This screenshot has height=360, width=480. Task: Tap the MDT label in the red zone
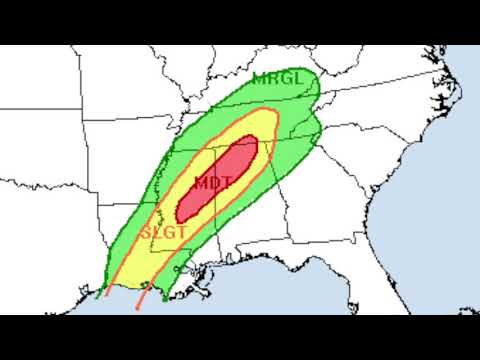[212, 183]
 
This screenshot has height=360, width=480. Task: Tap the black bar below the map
[240, 337]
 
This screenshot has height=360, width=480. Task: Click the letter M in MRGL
[259, 79]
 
